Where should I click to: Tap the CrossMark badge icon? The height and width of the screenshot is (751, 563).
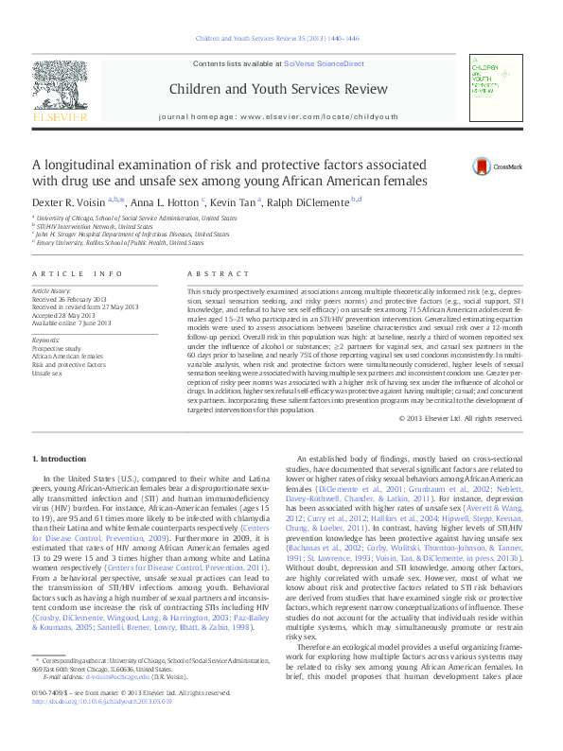(484, 166)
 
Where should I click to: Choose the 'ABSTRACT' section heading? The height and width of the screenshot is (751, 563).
(212, 273)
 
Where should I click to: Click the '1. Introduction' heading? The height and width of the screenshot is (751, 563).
(59, 459)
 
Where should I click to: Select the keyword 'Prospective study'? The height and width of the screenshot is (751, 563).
(55, 348)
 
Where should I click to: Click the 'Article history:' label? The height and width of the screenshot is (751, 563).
(52, 290)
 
